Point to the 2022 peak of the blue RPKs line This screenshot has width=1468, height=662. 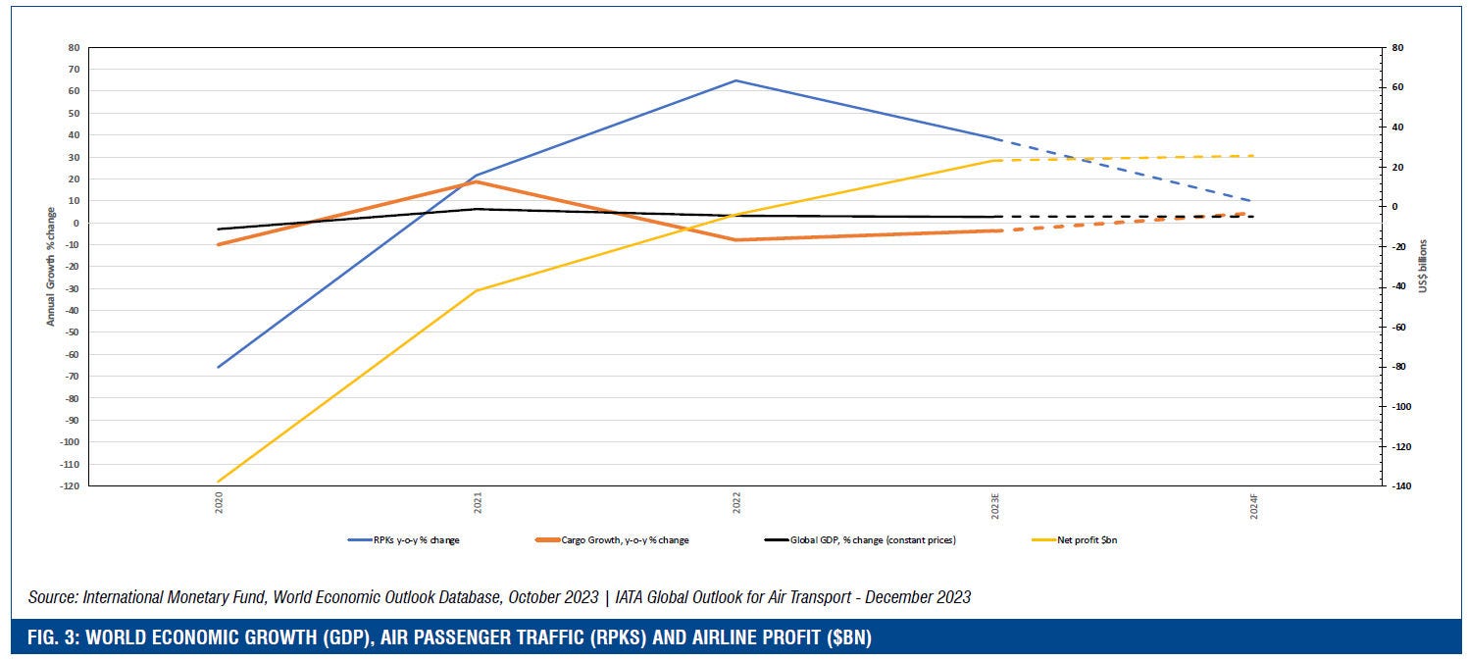point(735,80)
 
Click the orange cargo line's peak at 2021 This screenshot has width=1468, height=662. point(477,181)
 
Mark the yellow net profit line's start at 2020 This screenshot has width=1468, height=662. point(218,483)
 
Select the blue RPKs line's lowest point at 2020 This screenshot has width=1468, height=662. point(218,367)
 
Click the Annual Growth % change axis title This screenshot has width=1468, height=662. point(49,266)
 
